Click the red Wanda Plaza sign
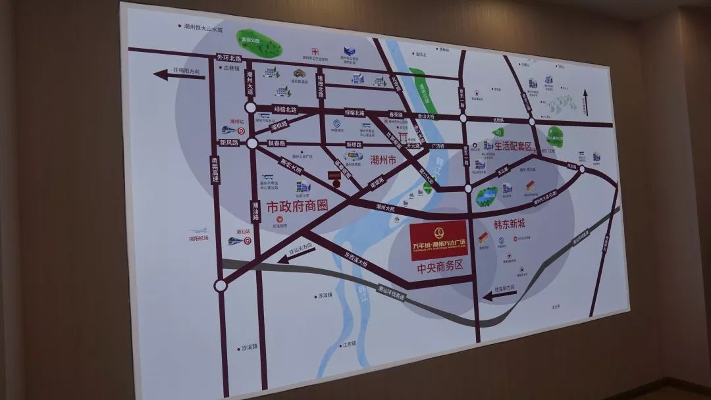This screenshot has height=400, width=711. [x=439, y=240]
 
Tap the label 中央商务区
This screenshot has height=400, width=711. [x=440, y=267]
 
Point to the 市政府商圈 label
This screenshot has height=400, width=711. [x=297, y=205]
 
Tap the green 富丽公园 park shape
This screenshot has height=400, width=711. [x=259, y=43]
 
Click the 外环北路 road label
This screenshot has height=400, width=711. [x=226, y=57]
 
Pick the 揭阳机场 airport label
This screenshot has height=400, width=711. [x=197, y=238]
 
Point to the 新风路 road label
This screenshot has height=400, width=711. [x=229, y=142]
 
